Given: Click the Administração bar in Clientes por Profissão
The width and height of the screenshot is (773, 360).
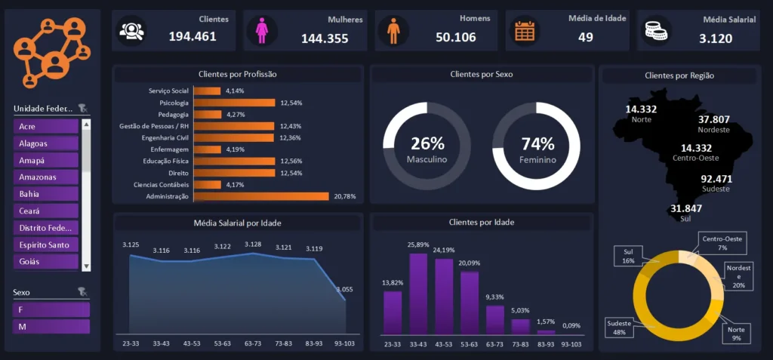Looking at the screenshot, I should pos(261,196).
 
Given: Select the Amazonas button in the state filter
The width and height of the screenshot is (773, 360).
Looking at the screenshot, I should pos(46,177).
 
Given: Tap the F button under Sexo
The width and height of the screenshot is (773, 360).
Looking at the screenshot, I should pos(51,309).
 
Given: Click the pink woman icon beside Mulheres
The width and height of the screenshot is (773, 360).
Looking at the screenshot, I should pos(261,31).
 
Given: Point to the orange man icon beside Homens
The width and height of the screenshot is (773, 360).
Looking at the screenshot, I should pos(393,31).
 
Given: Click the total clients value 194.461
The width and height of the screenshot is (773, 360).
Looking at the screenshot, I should pos(192,36).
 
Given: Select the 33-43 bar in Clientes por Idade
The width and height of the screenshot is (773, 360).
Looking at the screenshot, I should pos(418,293).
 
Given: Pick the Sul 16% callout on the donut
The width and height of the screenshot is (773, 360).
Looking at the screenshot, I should pos(630,255).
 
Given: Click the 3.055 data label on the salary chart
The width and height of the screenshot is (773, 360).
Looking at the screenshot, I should pos(343,289).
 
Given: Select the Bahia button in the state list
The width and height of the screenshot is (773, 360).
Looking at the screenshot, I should pos(46,194).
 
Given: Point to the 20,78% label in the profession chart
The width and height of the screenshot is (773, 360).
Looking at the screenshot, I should pos(344,196).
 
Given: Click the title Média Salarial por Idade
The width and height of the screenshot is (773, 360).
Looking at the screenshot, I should pos(238,223).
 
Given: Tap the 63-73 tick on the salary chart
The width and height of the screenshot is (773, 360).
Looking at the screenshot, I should pos(253,343).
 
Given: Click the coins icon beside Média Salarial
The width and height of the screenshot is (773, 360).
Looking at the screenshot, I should pos(653,31).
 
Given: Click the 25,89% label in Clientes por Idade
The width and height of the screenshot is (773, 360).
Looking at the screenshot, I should pos(418,245).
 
